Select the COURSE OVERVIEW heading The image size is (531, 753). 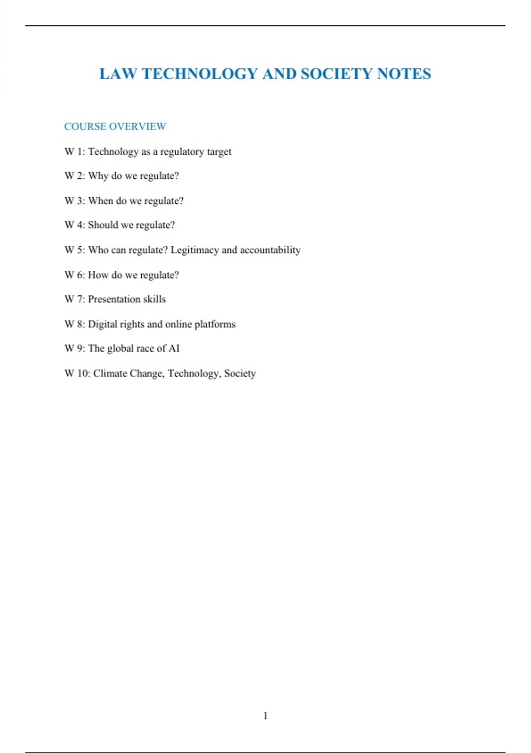click(x=115, y=127)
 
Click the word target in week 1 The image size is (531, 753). click(x=219, y=152)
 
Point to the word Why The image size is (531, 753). click(x=98, y=176)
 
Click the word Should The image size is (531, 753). click(x=103, y=225)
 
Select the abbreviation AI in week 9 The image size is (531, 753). click(x=174, y=349)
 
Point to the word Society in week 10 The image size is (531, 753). click(x=240, y=373)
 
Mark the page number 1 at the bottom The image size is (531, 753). click(x=265, y=716)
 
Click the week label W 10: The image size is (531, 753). click(x=77, y=373)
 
